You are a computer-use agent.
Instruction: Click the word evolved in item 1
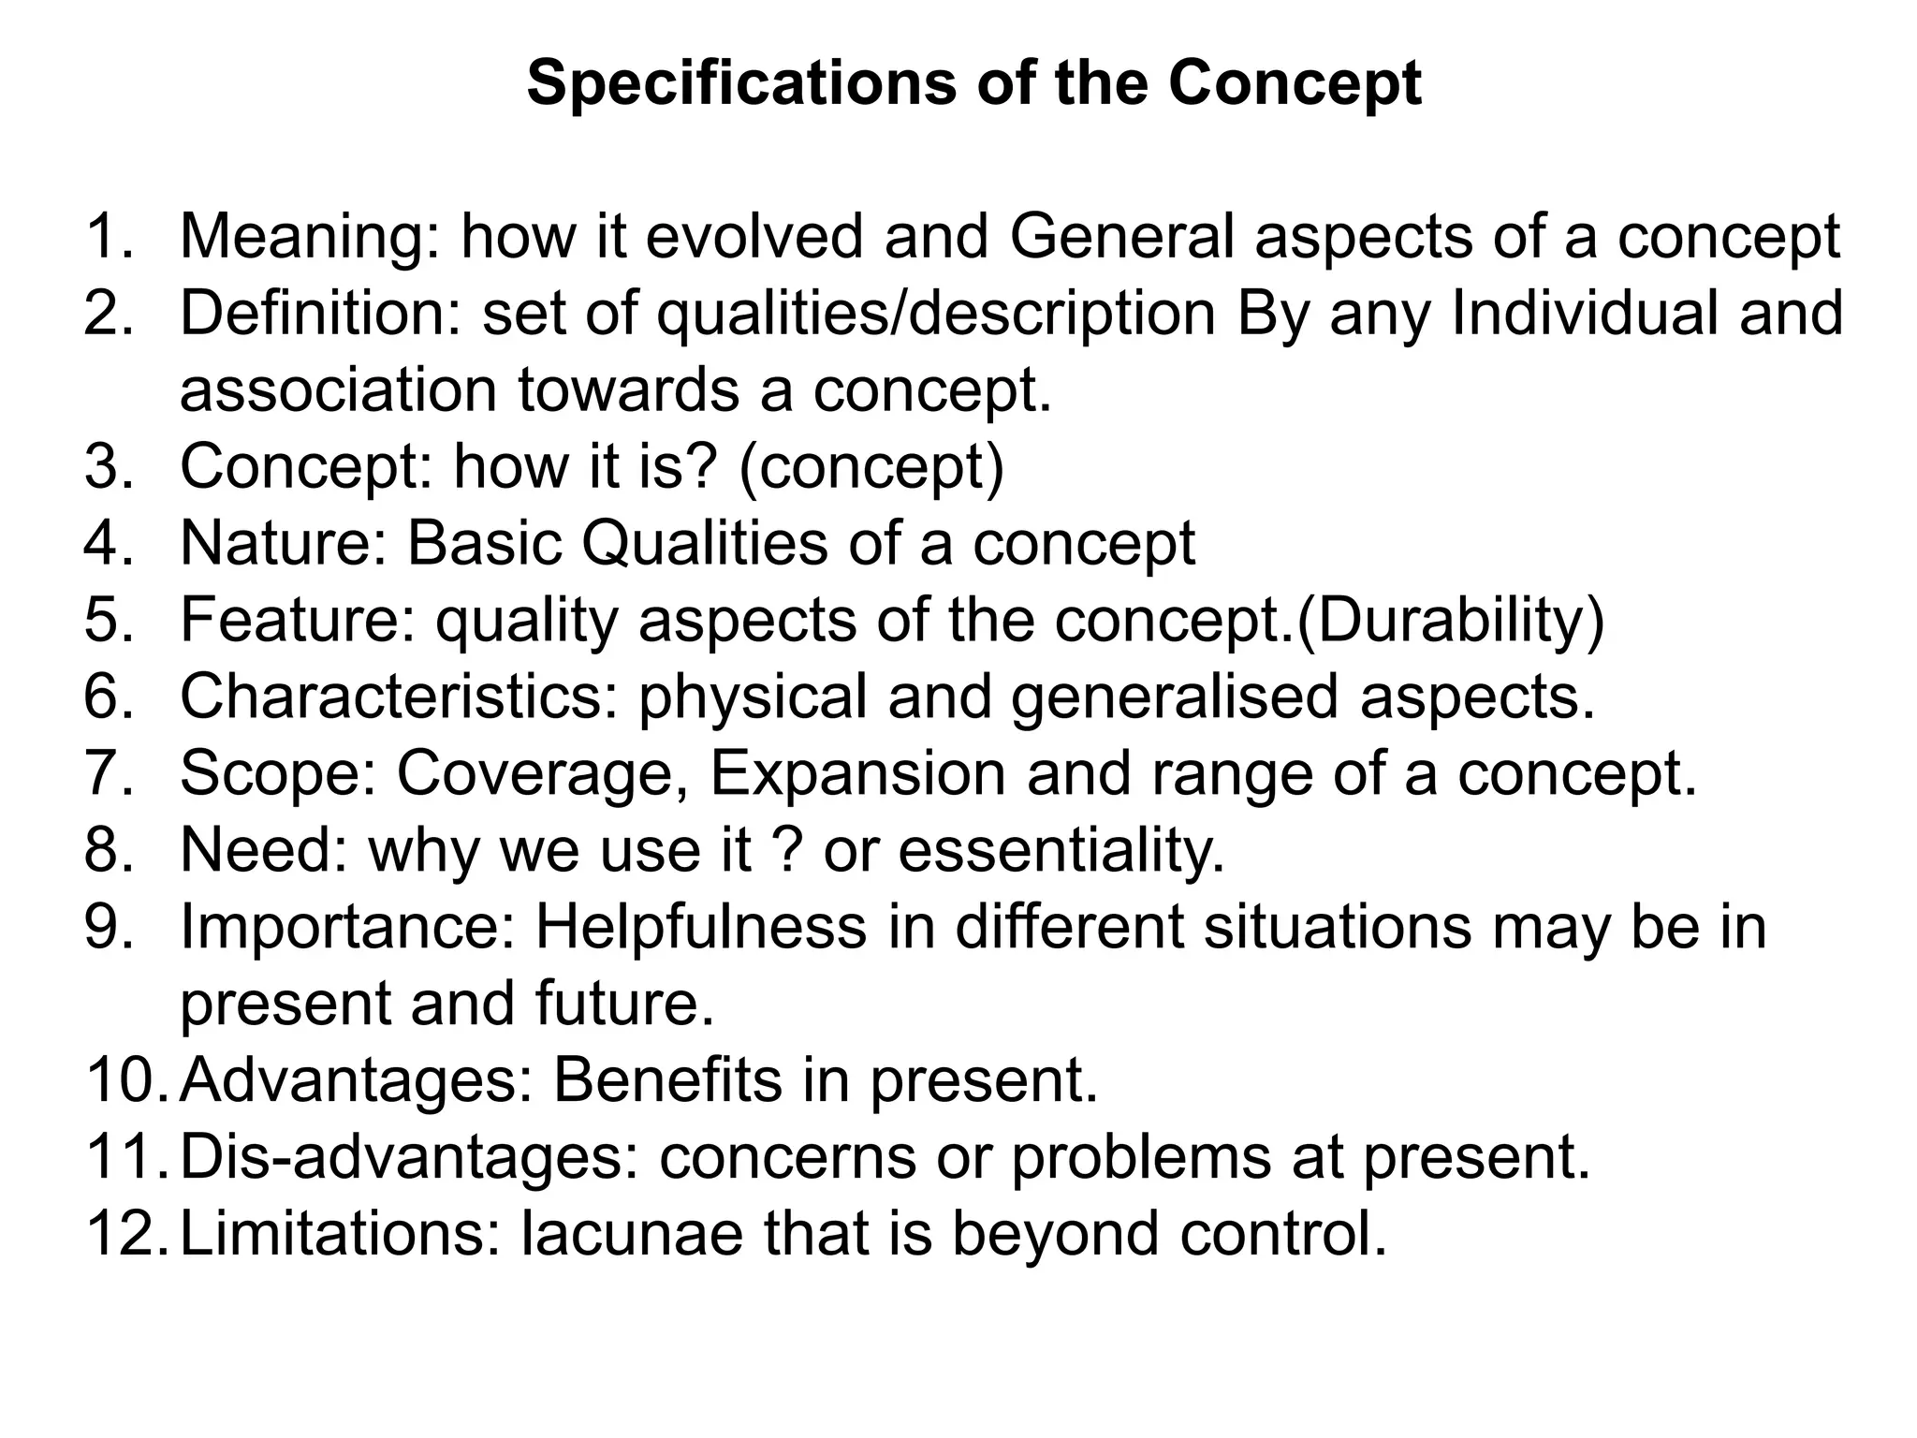[754, 237]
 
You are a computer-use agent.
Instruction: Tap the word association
[337, 390]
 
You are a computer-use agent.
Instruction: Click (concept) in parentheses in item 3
[871, 467]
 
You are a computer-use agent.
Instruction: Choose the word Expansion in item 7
[857, 774]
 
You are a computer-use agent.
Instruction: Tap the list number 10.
[125, 1081]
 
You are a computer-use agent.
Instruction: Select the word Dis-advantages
[402, 1158]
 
